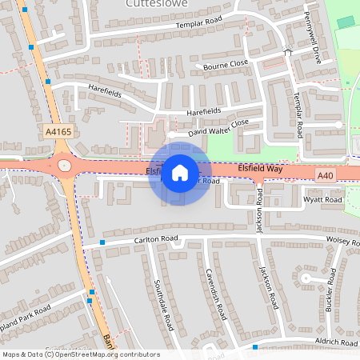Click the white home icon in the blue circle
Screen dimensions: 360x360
179,172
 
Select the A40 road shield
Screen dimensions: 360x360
324,175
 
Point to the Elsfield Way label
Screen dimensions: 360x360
260,169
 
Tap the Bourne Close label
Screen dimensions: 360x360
226,64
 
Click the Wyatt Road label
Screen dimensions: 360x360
322,199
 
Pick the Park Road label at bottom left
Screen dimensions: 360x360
24,314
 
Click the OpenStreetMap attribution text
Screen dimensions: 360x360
80,354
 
